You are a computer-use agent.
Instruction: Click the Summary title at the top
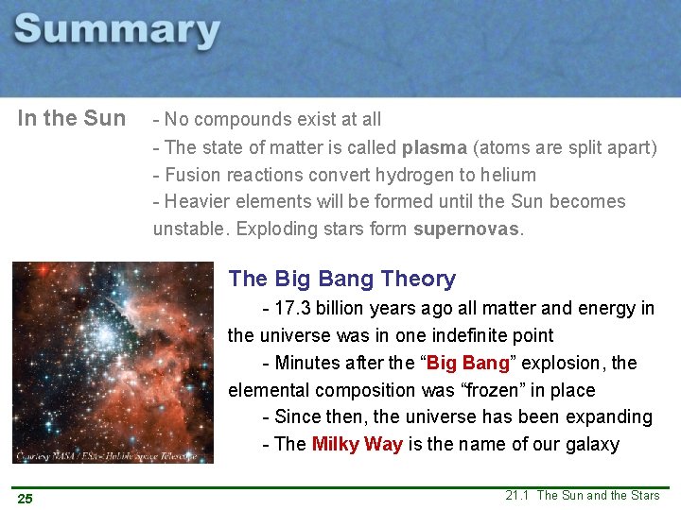click(x=117, y=30)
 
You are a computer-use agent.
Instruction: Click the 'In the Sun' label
click(x=72, y=119)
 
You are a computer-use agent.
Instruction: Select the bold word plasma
click(x=433, y=147)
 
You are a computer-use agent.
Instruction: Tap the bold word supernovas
click(x=467, y=229)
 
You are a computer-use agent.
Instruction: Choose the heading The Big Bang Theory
click(x=342, y=279)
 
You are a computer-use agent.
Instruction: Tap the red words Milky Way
click(x=358, y=444)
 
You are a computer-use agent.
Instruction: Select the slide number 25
click(x=24, y=498)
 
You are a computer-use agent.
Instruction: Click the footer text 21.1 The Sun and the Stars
click(x=583, y=495)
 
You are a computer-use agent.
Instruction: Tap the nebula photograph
click(x=113, y=359)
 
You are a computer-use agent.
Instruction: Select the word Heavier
click(x=197, y=201)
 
